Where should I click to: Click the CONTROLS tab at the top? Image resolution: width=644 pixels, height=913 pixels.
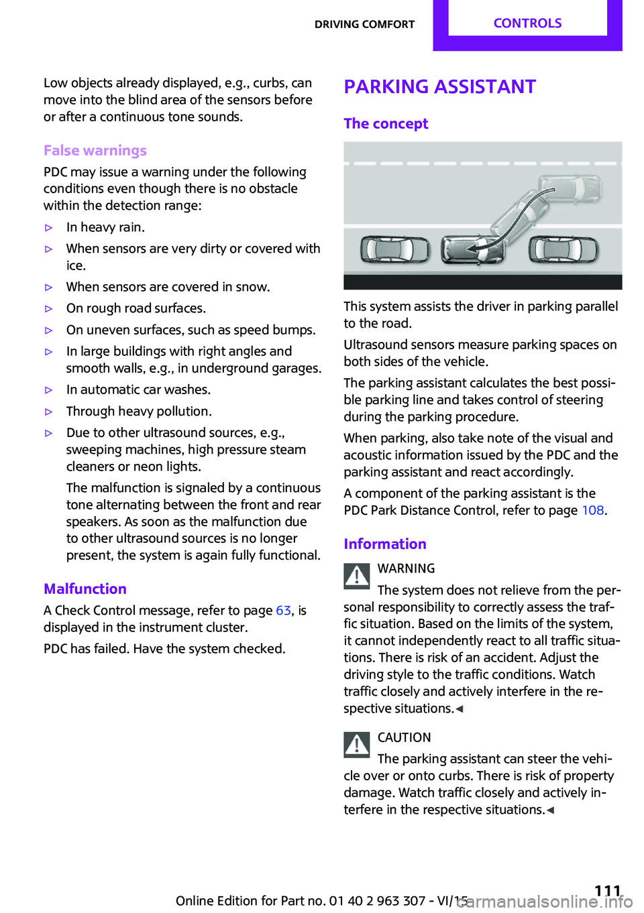coord(527,23)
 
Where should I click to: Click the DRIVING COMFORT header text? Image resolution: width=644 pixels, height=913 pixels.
coord(364,25)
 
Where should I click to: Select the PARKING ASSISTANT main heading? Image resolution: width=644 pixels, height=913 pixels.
coord(439,87)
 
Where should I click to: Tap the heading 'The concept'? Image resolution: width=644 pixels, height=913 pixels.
coord(386,124)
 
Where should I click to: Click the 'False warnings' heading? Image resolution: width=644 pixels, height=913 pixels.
coord(95,151)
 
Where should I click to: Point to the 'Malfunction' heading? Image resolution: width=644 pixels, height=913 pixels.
coord(85,589)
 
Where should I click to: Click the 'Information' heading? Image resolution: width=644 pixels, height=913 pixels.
coord(385,544)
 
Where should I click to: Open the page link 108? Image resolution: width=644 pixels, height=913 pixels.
coord(592,511)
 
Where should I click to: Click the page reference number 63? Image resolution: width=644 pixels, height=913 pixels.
coord(283,611)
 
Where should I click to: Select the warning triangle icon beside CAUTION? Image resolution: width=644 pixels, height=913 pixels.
coord(357,745)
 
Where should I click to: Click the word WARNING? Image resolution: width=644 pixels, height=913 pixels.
coord(406,569)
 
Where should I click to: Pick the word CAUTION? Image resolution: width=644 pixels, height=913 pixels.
coord(404,738)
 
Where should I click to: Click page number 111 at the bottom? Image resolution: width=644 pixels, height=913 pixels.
coord(607,891)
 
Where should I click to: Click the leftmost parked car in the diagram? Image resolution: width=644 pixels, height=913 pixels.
coord(394,250)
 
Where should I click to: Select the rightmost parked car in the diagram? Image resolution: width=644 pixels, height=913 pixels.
coord(563,250)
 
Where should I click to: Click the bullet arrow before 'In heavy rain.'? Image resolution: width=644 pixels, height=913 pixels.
coord(48,228)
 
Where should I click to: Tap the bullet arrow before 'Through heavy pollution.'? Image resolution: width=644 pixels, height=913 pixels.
coord(48,412)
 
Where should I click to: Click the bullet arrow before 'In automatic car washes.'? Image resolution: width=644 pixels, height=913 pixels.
coord(48,390)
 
